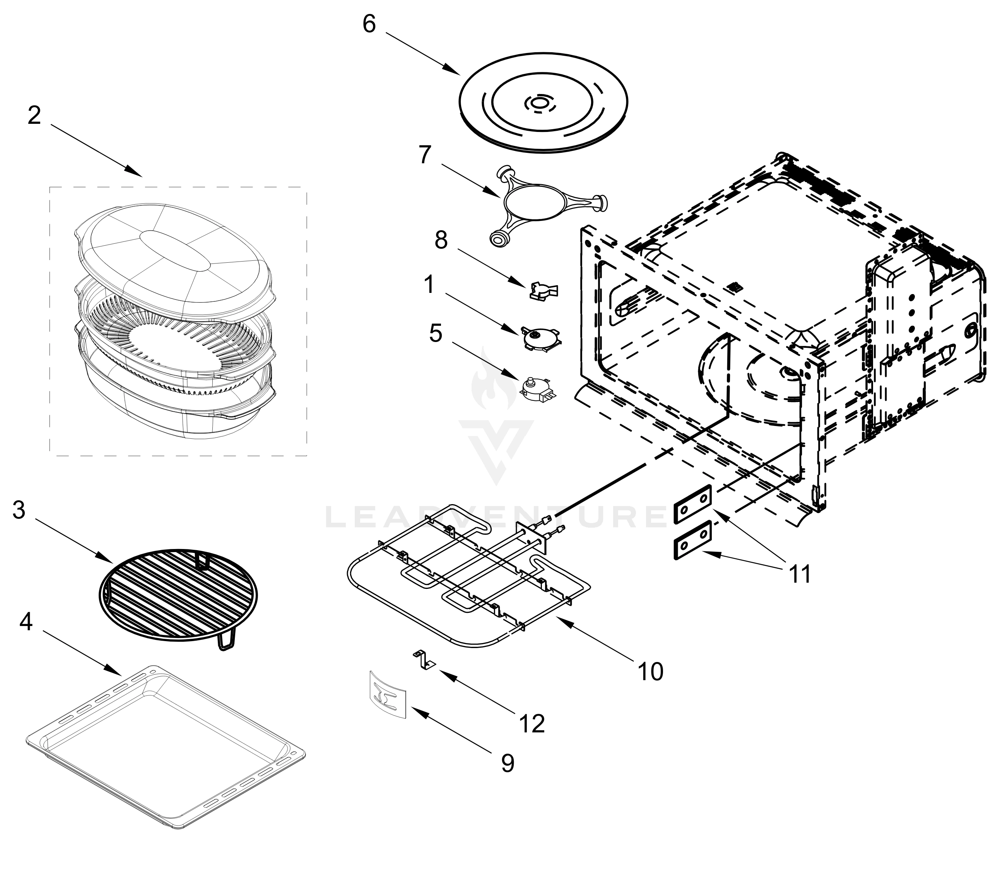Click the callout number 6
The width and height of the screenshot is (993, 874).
point(369,24)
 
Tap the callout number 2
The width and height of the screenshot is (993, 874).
point(34,116)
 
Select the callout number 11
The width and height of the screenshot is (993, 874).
point(800,574)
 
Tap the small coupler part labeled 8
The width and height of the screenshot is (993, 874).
point(544,291)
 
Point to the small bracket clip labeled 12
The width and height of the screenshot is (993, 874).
point(424,660)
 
